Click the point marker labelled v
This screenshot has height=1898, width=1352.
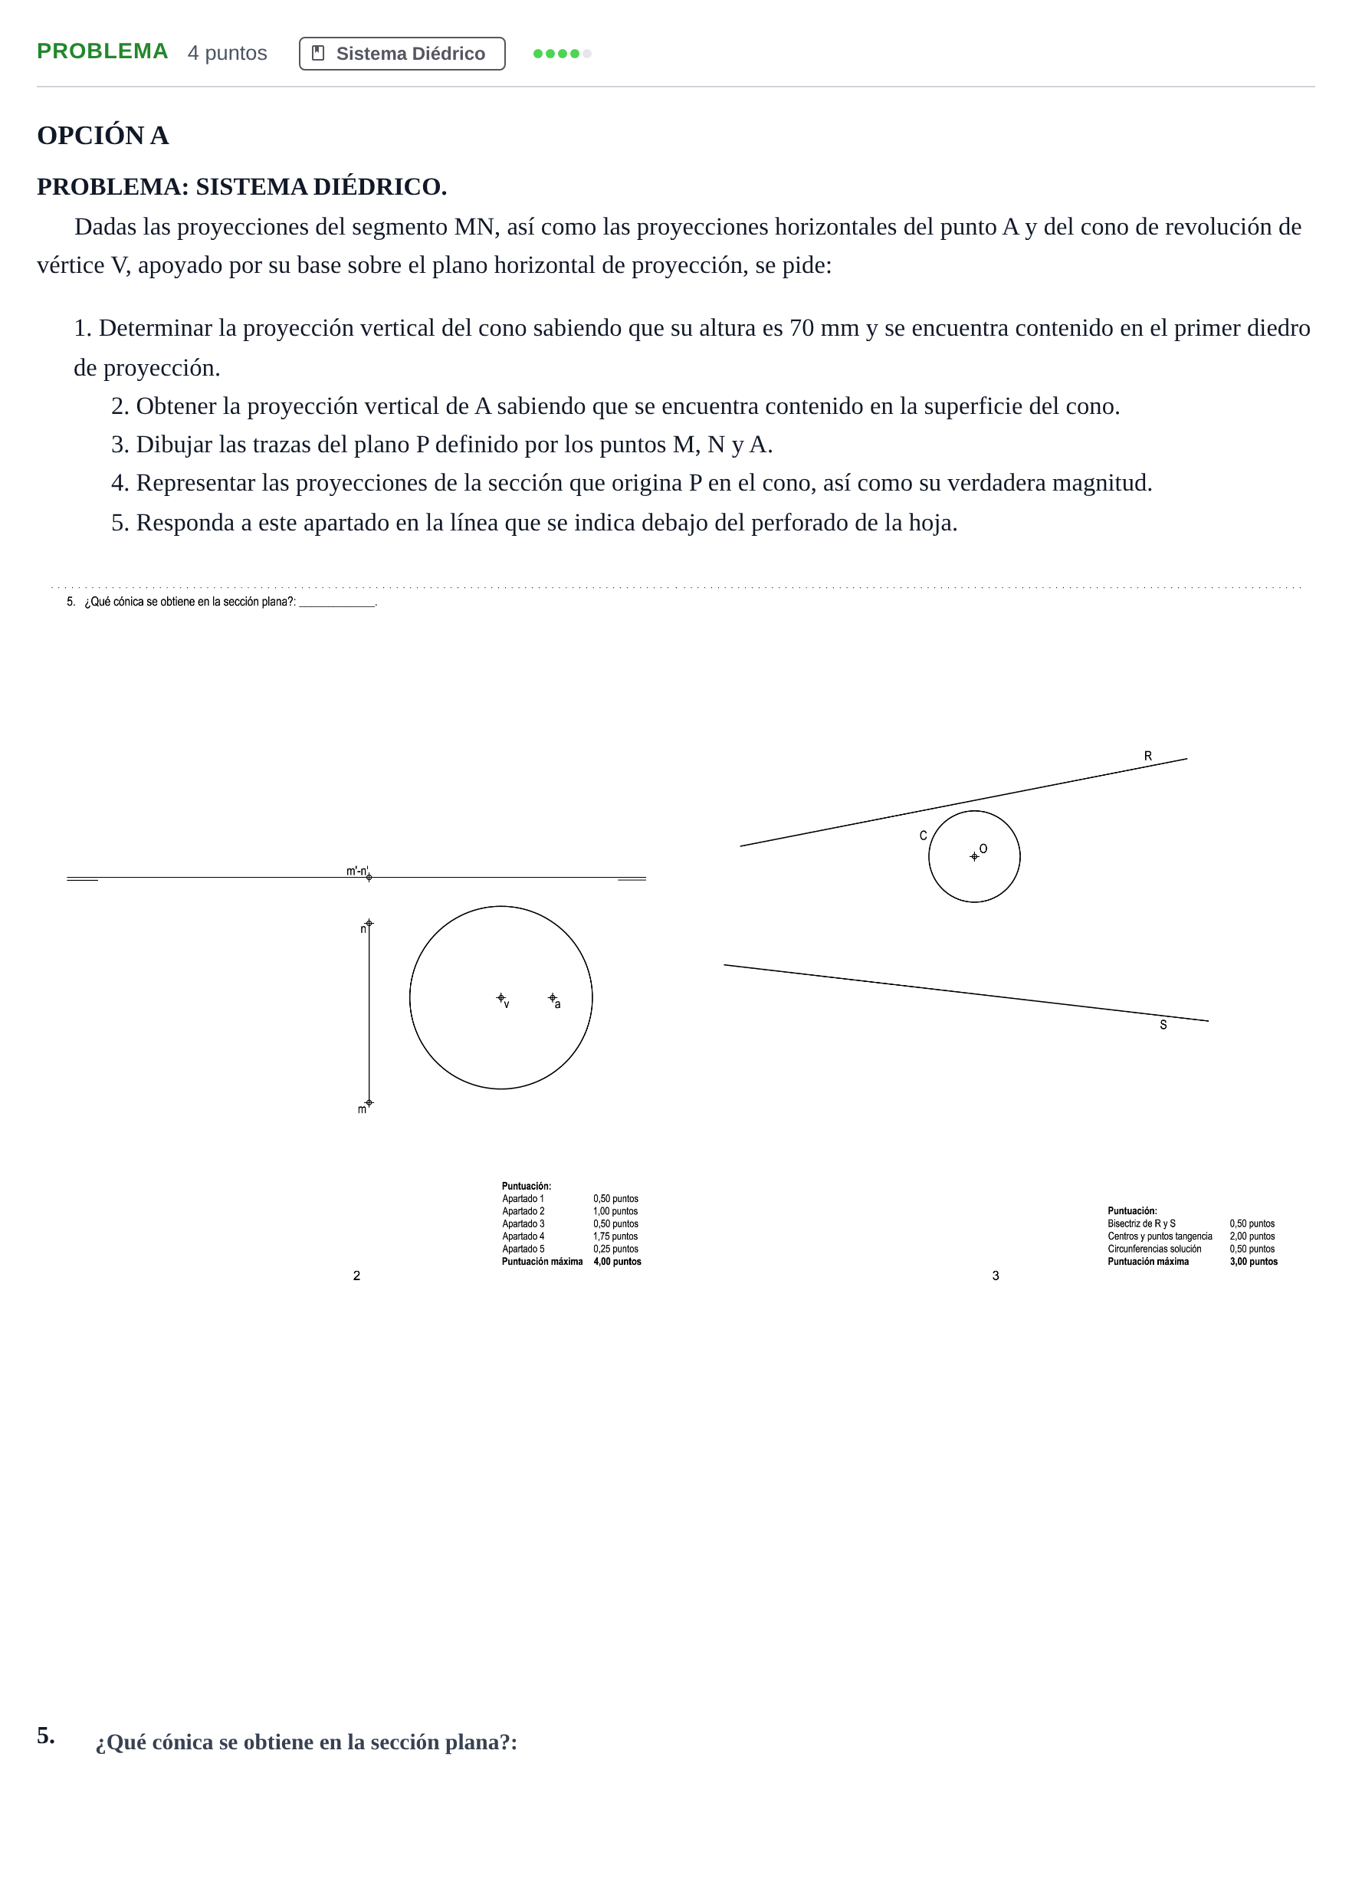(500, 997)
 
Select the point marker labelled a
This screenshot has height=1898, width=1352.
(552, 997)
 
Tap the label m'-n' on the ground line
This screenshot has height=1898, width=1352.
(357, 871)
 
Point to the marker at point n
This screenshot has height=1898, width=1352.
(369, 923)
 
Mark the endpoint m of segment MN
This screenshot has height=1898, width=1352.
(369, 1103)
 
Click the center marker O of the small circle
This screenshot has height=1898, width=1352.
(974, 856)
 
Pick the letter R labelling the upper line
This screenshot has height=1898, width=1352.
(1148, 756)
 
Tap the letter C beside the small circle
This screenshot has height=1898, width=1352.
(924, 836)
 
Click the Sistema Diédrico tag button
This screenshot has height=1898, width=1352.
(402, 54)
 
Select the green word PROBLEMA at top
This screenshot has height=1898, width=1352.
(103, 51)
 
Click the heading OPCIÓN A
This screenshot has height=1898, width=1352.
(103, 135)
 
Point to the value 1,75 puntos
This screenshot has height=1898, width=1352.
(615, 1236)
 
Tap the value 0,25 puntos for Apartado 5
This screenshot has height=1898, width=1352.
(615, 1249)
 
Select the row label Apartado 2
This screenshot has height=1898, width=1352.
(523, 1211)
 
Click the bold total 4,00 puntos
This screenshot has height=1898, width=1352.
(617, 1261)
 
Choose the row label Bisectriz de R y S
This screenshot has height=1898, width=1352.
(1141, 1223)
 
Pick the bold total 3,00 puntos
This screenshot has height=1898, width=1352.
(1254, 1261)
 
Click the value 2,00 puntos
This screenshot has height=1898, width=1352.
(1252, 1236)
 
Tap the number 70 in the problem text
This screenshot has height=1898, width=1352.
(801, 328)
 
